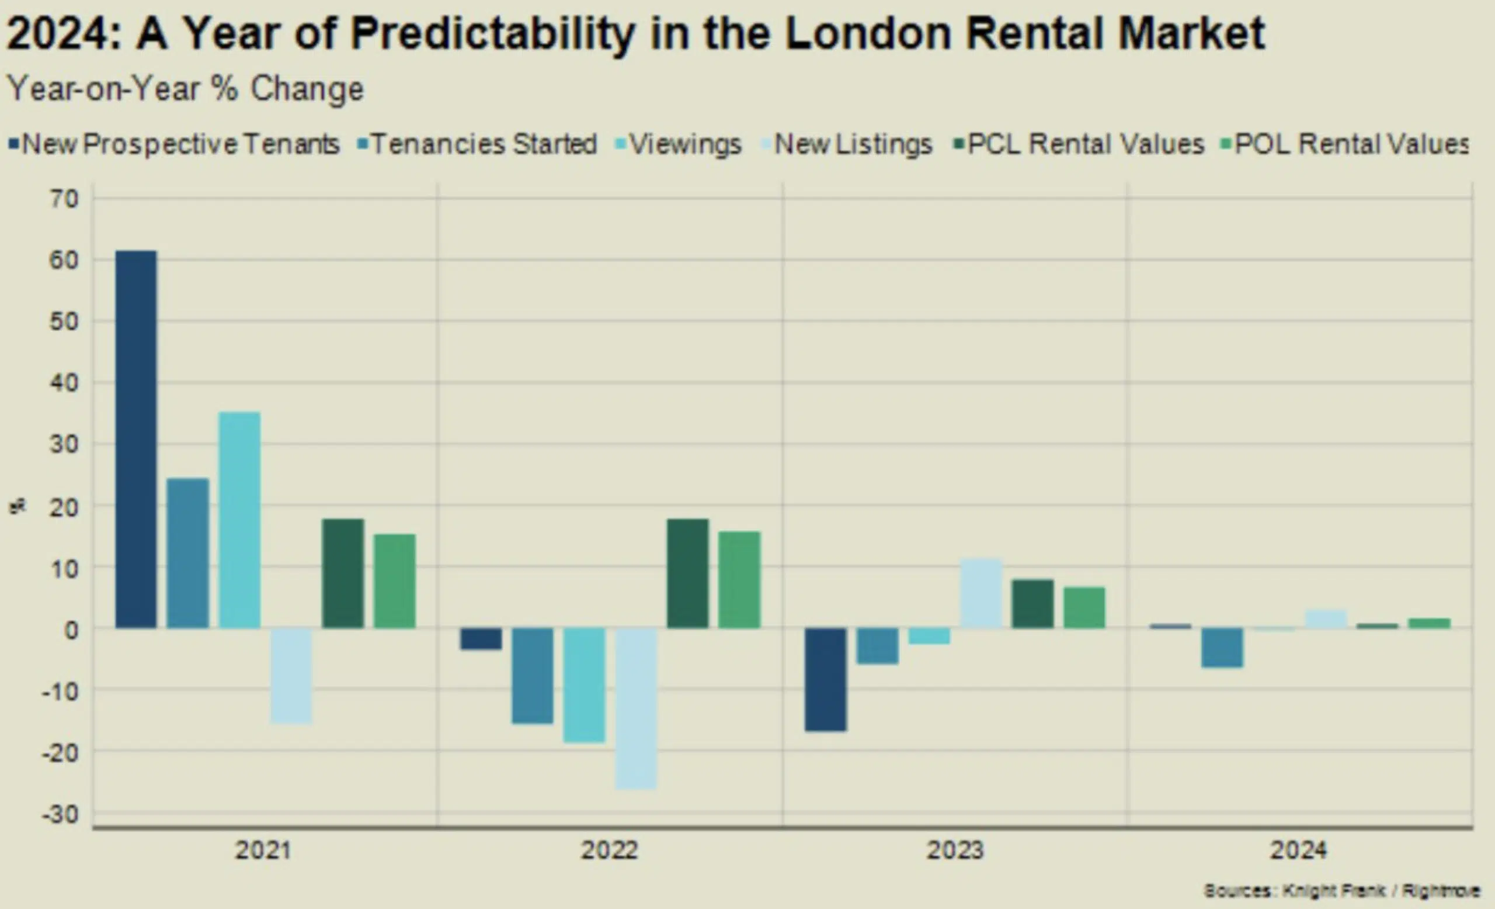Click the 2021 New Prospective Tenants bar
point(136,439)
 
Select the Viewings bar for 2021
point(239,520)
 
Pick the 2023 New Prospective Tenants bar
point(825,679)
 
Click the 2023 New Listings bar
point(981,593)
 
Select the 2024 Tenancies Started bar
point(1222,648)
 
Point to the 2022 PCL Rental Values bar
point(687,573)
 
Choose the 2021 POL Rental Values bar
point(394,580)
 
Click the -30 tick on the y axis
point(61,814)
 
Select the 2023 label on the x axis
point(954,850)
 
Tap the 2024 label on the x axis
point(1299,850)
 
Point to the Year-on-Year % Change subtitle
point(185,89)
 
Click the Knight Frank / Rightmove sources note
point(1341,891)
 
